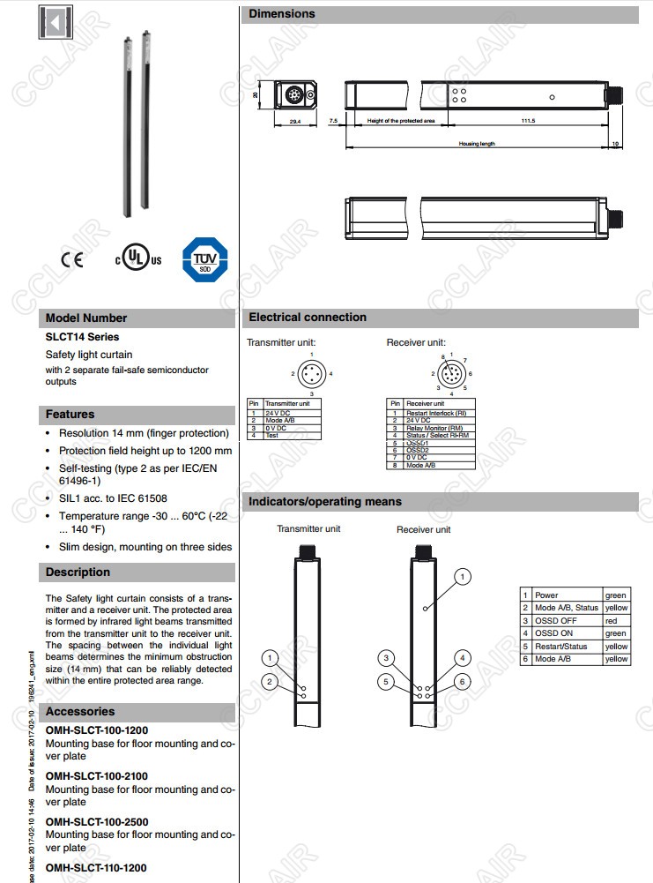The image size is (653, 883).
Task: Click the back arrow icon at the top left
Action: [x=56, y=22]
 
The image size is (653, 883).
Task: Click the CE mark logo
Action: [x=71, y=260]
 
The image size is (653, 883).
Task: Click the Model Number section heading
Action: [x=86, y=318]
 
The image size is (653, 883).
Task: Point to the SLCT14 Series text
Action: [x=82, y=337]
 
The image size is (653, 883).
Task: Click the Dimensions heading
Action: [x=282, y=14]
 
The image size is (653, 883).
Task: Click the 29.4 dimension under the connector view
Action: [x=294, y=122]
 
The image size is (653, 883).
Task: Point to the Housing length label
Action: [x=477, y=143]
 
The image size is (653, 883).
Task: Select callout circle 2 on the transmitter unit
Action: [x=272, y=681]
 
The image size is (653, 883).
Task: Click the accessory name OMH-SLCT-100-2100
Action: [x=96, y=776]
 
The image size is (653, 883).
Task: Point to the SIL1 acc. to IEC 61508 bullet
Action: [x=112, y=498]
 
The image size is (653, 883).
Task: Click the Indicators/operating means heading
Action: [x=325, y=502]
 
